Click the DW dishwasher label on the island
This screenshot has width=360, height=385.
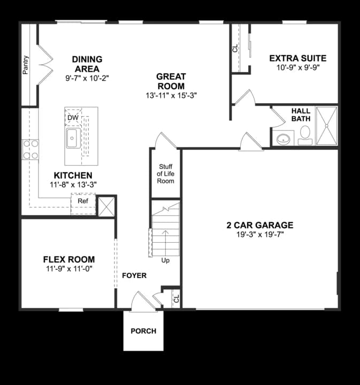[72, 117]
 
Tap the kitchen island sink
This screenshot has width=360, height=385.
[73, 137]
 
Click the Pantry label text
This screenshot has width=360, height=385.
[26, 65]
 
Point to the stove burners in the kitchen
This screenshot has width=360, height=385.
[30, 149]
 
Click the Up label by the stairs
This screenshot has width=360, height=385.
[165, 260]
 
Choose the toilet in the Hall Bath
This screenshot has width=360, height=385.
[305, 134]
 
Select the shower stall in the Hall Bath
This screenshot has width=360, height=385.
[326, 126]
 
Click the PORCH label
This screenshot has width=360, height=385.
[143, 331]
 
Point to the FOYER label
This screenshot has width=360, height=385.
[134, 275]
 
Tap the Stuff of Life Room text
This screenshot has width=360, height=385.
[165, 174]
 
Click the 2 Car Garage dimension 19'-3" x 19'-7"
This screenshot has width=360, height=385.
[259, 234]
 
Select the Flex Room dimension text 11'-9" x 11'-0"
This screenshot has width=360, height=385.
[69, 268]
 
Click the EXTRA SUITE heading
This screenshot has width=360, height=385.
[297, 58]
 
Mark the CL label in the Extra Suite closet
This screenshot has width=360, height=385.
[235, 48]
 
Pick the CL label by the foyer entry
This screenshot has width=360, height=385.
[176, 300]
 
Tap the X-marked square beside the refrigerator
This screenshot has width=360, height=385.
[106, 206]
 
